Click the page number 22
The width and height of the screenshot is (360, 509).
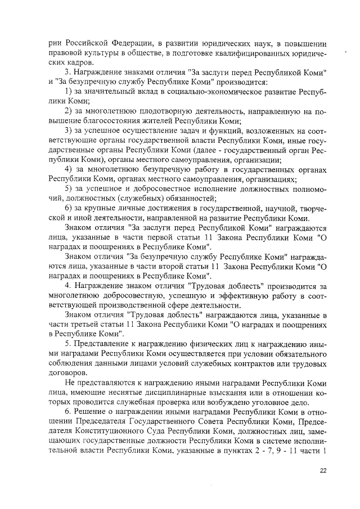pos(322,471)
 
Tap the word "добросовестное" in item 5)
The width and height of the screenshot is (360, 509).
pos(151,188)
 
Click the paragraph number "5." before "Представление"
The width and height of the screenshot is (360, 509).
pos(69,343)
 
